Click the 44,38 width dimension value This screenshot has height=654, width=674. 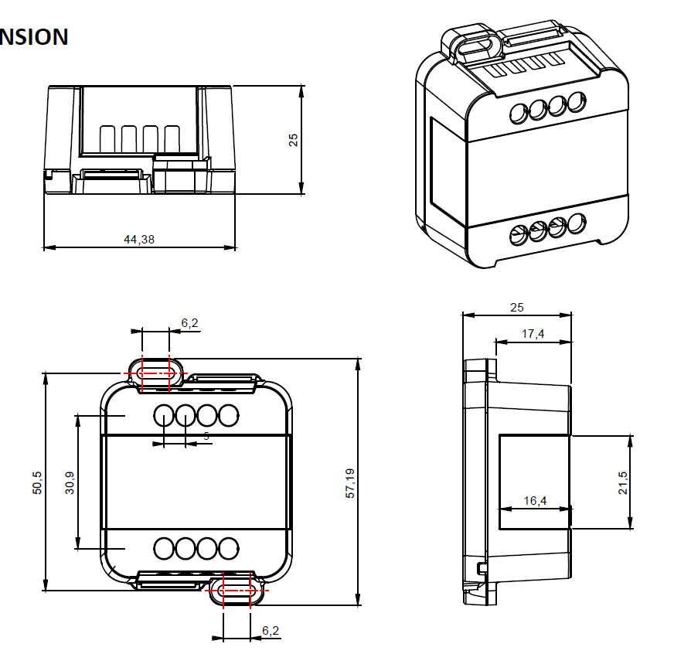click(x=139, y=240)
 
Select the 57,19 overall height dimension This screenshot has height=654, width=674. click(x=349, y=483)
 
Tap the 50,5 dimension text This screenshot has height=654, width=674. click(x=37, y=483)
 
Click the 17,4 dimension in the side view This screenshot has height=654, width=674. click(x=533, y=334)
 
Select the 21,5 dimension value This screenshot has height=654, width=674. click(x=623, y=483)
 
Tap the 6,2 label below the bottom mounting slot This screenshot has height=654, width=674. click(x=271, y=631)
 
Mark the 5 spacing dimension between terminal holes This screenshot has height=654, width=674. click(x=206, y=437)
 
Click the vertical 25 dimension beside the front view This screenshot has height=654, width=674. click(x=294, y=140)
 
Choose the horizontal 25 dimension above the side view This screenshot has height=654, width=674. click(x=517, y=308)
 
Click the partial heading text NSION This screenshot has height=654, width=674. click(x=34, y=36)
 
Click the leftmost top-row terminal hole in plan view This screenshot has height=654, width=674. click(x=164, y=416)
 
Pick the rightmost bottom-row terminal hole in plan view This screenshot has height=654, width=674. click(x=227, y=549)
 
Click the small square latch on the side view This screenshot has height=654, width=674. click(x=482, y=569)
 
